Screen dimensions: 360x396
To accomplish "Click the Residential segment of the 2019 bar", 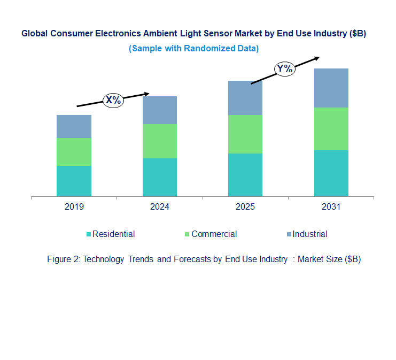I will [x=74, y=181].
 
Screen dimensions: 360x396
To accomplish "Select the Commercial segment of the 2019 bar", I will [x=74, y=152].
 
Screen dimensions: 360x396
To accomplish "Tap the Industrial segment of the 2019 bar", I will [x=74, y=126].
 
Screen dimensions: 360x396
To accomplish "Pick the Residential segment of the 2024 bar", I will [x=159, y=177].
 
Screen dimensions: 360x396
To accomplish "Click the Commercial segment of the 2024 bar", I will [x=159, y=141].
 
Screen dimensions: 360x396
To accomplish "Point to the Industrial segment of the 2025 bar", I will [x=245, y=98].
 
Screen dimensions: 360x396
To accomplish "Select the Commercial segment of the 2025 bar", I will [x=245, y=134].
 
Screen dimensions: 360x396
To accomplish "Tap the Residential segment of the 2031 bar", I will [x=331, y=173].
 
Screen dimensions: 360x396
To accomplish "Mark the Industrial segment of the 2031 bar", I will [x=331, y=88].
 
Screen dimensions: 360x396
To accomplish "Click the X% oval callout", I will [x=113, y=99].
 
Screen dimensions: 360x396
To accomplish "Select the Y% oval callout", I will [x=284, y=68].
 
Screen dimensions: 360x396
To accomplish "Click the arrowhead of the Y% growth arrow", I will [x=317, y=58].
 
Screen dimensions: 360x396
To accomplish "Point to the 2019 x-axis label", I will [x=74, y=206].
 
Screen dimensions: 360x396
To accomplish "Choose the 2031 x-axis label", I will [x=331, y=206].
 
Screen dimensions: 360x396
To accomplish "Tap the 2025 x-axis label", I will [x=245, y=206].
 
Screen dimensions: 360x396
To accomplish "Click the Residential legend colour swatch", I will [x=88, y=234].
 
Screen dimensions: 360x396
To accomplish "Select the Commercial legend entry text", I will [x=214, y=234].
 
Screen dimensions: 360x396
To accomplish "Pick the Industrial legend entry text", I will [x=310, y=234].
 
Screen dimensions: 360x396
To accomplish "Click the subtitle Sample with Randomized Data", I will [x=193, y=48].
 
